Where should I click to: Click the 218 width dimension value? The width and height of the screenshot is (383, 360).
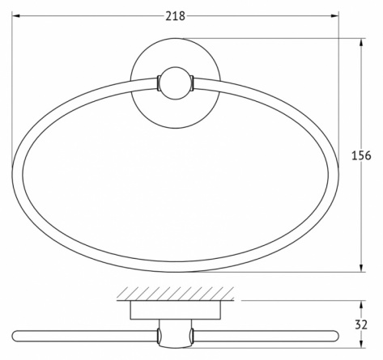pos(175,16)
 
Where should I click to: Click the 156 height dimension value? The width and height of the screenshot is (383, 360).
pos(361,155)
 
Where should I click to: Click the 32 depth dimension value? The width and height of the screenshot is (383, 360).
pos(361,324)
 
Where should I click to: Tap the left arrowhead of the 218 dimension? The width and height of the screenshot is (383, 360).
pos(15,16)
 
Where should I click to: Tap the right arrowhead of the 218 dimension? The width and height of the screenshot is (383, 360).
pos(334,16)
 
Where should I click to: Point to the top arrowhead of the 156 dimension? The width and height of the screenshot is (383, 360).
pos(361,42)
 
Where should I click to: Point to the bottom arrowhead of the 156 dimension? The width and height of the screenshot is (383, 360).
pos(361,268)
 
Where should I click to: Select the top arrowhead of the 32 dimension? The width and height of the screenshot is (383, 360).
pos(361,304)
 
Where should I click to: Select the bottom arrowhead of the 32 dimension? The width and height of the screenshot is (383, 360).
pos(361,344)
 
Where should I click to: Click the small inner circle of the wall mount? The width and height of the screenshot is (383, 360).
pos(176,83)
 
